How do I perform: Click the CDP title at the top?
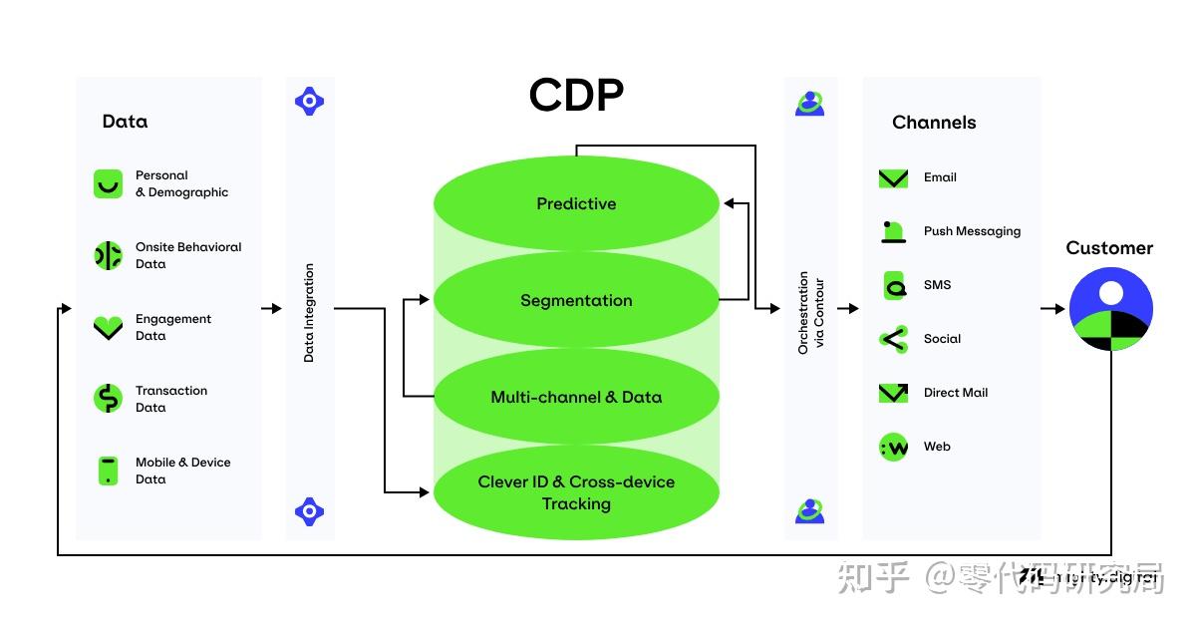pos(576,96)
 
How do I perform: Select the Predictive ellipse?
pos(576,203)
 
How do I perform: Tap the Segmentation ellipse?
pos(576,300)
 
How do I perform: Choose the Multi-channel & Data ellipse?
pos(576,397)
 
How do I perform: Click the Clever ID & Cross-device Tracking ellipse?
pos(576,492)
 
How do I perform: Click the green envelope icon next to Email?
pos(893,178)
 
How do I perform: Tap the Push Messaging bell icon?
pos(893,231)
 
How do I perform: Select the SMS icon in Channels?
pos(893,285)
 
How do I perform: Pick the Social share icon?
pos(893,339)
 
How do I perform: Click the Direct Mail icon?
pos(893,393)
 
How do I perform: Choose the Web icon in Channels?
pos(893,447)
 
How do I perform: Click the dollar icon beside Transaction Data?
pos(108,399)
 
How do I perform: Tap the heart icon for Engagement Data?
pos(108,327)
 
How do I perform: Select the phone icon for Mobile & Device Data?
pos(108,470)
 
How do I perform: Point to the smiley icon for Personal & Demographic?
pos(108,183)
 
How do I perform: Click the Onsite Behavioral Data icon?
pos(108,255)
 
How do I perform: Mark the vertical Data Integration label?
pos(309,312)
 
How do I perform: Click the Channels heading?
pos(934,123)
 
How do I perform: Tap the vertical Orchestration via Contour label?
pos(810,312)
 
